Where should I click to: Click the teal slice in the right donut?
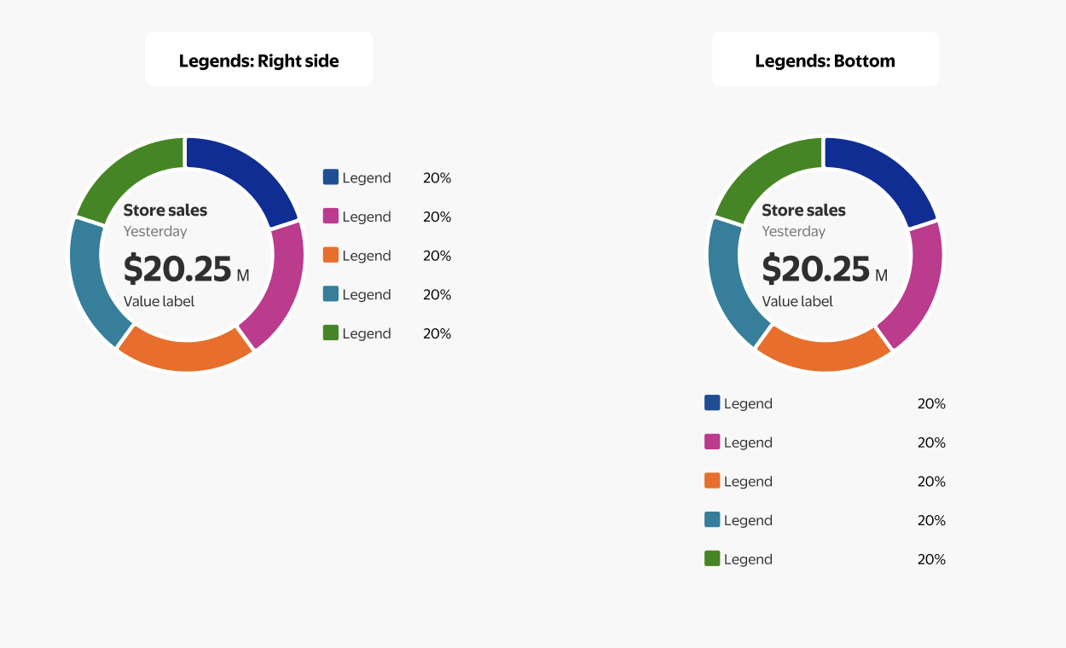click(x=727, y=281)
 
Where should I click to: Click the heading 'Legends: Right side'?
click(x=258, y=61)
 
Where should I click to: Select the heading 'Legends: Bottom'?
click(x=825, y=61)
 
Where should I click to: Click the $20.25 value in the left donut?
click(x=177, y=269)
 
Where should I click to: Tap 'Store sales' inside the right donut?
click(x=803, y=210)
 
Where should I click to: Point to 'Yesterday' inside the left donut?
click(x=155, y=231)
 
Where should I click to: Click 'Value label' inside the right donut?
click(x=797, y=301)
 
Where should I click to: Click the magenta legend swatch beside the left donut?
click(x=331, y=216)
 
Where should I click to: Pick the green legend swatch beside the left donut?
click(x=331, y=333)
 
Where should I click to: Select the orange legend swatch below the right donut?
click(x=712, y=481)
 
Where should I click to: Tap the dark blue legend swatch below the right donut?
click(x=712, y=402)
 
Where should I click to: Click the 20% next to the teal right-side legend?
click(x=437, y=294)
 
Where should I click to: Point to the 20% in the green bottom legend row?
click(x=931, y=559)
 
